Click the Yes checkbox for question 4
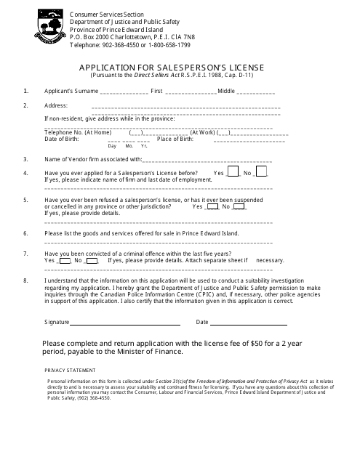(233, 172)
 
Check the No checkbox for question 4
(262, 172)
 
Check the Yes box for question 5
(213, 206)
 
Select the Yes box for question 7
(65, 259)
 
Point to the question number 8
(26, 280)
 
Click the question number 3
(26, 158)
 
